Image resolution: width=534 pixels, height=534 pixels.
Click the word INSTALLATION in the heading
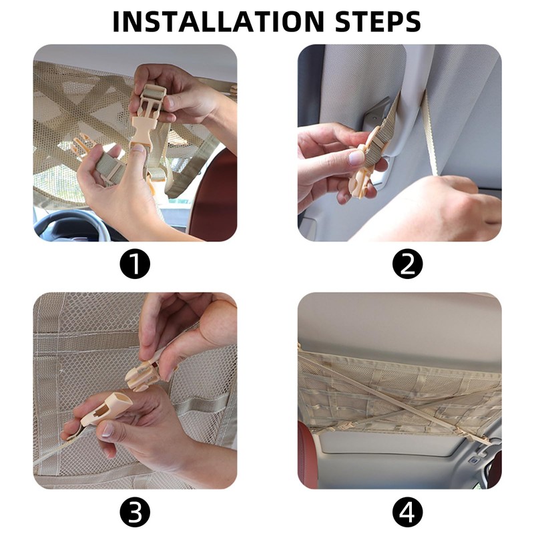(218, 21)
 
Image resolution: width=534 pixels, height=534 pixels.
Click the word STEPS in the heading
(378, 21)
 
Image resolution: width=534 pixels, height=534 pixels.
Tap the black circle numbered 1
(135, 264)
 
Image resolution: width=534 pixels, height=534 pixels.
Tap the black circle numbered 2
(407, 264)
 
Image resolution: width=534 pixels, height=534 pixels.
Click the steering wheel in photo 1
(68, 225)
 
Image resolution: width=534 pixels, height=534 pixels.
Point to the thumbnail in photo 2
(356, 158)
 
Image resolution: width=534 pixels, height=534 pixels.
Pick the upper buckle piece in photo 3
(143, 374)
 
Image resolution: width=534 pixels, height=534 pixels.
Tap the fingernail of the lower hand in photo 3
(108, 430)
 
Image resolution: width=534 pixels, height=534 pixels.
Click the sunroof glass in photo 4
(385, 443)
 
